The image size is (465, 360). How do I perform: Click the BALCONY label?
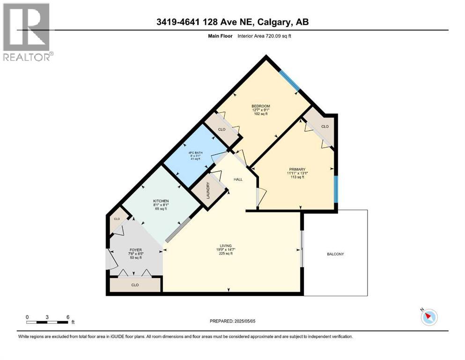tap(335, 254)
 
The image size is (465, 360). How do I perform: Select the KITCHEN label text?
tap(160, 201)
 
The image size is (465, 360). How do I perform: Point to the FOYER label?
tap(136, 250)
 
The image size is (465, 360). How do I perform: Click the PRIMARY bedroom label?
tap(297, 169)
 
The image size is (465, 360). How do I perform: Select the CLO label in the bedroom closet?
tap(221, 129)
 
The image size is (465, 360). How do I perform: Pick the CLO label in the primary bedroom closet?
tap(325, 127)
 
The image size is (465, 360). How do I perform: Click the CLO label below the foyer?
tap(135, 285)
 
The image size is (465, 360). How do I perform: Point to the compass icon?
tap(429, 317)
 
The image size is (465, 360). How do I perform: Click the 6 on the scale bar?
tap(68, 317)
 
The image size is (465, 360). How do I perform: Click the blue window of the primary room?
tap(336, 189)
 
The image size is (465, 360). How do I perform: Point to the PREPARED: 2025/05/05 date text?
tap(232, 321)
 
